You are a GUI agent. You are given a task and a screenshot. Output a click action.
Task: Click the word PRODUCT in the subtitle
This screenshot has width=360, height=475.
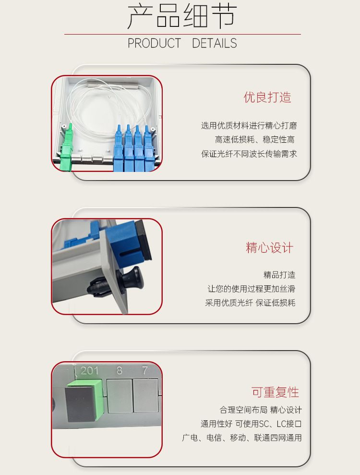click(154, 43)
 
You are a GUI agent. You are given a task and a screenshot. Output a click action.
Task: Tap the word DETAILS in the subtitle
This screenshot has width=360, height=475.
click(215, 43)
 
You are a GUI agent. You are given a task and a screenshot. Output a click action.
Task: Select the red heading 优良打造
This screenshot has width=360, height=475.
click(267, 97)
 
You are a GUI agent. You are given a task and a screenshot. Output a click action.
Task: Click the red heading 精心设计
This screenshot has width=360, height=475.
click(269, 247)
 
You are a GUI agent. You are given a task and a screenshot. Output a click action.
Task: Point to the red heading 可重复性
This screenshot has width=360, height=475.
click(275, 392)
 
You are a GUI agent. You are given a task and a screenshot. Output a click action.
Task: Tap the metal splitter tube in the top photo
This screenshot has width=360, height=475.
click(112, 84)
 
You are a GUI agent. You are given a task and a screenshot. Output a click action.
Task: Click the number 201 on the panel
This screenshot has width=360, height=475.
click(90, 370)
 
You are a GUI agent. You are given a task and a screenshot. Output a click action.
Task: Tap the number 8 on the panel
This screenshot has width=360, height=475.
click(120, 370)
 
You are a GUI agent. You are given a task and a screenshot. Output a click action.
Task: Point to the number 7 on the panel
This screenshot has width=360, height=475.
click(145, 370)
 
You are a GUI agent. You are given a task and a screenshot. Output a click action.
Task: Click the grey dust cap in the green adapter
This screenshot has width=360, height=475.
click(80, 404)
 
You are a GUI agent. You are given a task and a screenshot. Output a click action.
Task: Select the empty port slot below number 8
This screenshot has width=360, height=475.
click(120, 396)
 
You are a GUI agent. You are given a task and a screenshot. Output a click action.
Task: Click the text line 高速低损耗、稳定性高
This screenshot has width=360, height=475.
click(254, 140)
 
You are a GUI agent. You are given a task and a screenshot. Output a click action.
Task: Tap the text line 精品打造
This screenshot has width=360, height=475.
click(279, 275)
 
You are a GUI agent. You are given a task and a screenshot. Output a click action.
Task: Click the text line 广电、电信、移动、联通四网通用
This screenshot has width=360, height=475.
click(241, 438)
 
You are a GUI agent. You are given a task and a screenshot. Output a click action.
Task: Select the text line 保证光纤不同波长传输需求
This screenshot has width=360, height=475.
click(249, 154)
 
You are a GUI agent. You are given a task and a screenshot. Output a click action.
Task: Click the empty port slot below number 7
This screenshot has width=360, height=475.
click(145, 395)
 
